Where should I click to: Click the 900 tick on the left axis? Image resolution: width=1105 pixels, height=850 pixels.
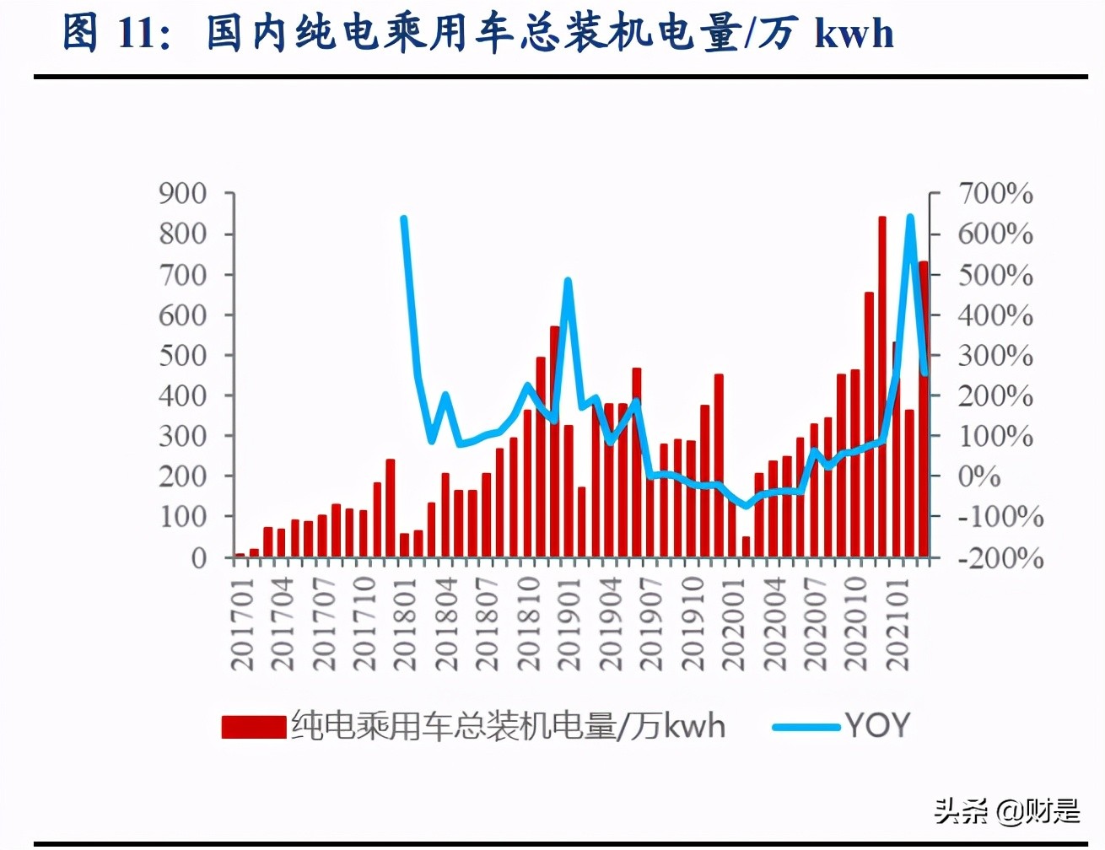pos(183,194)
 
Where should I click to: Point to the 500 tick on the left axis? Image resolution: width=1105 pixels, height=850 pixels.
pos(183,355)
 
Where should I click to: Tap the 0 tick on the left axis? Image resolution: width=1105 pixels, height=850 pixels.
pos(199,558)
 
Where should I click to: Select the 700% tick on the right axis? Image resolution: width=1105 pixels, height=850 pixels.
pos(995,194)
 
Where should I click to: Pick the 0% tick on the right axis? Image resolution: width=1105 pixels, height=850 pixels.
pos(979,476)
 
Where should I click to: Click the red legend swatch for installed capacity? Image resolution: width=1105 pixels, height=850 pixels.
pos(253,727)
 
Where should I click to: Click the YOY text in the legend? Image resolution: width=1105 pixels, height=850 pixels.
pos(877,725)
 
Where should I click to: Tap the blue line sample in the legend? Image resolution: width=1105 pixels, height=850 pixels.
pos(806,726)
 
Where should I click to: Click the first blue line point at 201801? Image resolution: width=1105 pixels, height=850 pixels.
pos(404,219)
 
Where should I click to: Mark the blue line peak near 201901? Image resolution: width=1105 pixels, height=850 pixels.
pos(568,281)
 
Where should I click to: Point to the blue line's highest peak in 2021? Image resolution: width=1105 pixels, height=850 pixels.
pos(910,218)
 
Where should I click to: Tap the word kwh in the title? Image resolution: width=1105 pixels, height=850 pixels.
pos(854,34)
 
